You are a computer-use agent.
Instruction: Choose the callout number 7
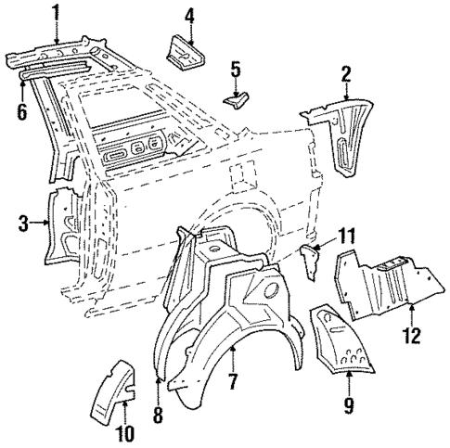click(233, 380)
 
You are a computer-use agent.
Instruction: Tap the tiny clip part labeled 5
click(236, 94)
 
